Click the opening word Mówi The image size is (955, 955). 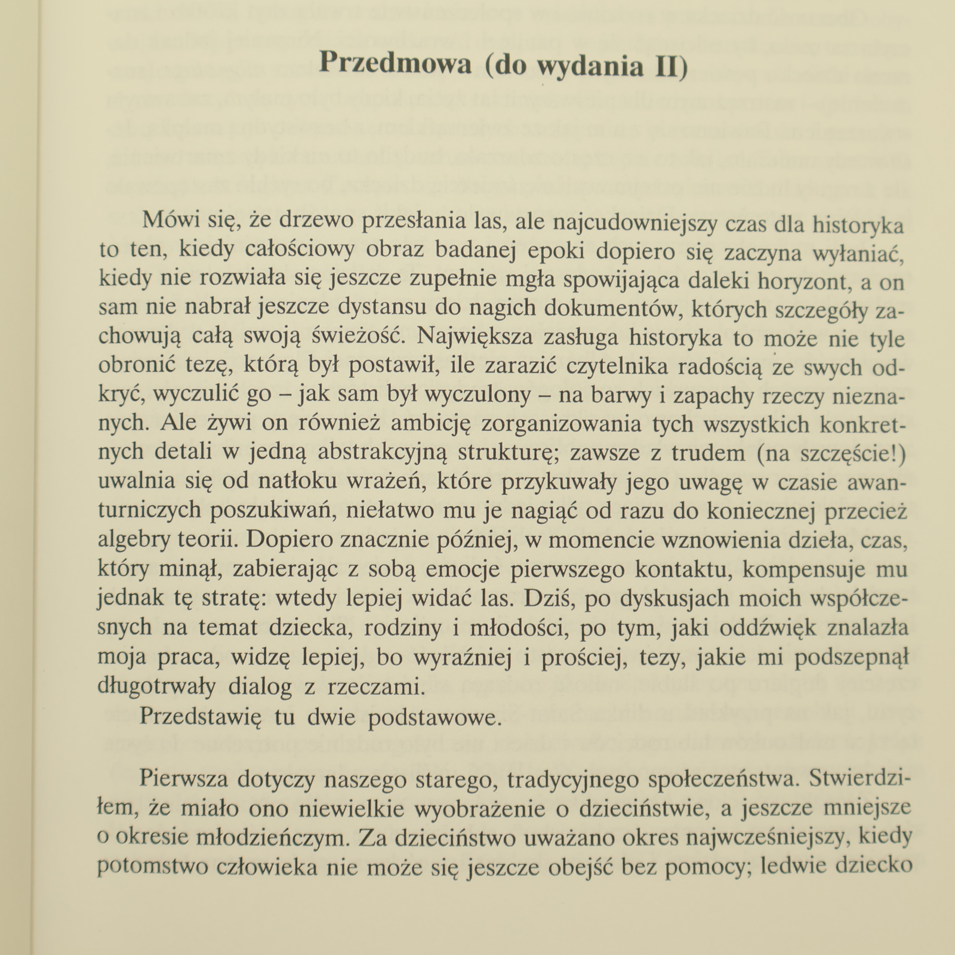[x=170, y=220]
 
